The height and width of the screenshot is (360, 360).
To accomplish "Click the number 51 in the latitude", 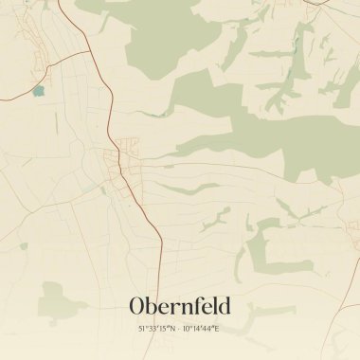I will (x=142, y=328).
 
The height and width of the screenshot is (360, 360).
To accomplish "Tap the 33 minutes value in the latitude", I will (x=152, y=328).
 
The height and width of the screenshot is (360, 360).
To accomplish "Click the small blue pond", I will (x=38, y=91).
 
